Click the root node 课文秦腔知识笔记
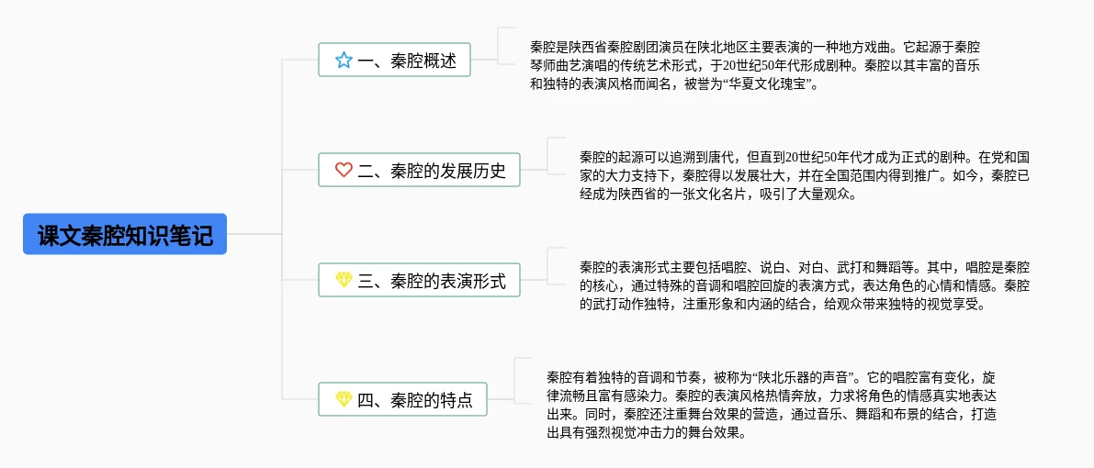click(125, 234)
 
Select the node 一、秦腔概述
click(394, 61)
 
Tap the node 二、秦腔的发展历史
click(419, 170)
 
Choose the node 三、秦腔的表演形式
click(419, 280)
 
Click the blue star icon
click(344, 61)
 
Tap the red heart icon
click(344, 170)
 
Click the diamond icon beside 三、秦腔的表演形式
click(344, 280)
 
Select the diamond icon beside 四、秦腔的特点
click(344, 399)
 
